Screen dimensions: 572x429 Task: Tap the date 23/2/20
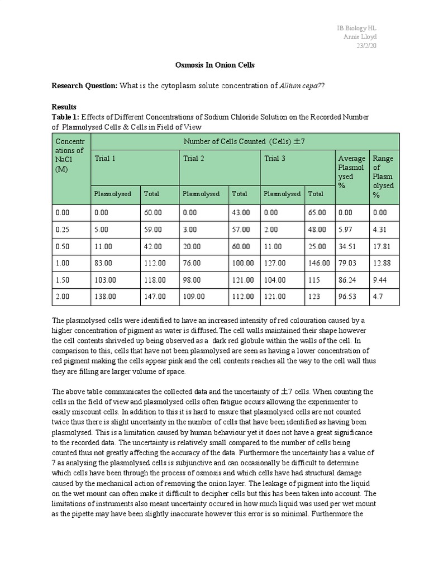point(366,46)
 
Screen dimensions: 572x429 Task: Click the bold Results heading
point(64,106)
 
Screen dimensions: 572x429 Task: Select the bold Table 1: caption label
point(65,117)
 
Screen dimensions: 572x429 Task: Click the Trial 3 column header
point(274,159)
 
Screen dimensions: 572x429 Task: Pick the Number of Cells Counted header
point(244,142)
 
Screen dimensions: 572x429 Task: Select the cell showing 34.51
point(347,246)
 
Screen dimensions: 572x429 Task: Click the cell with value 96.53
point(347,297)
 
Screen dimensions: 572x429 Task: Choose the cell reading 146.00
point(318,263)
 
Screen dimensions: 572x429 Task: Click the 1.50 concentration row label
point(63,280)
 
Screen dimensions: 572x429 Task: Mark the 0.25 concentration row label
point(63,229)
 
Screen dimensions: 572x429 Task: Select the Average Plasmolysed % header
point(351,172)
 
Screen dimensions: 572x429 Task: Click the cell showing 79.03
point(347,263)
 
